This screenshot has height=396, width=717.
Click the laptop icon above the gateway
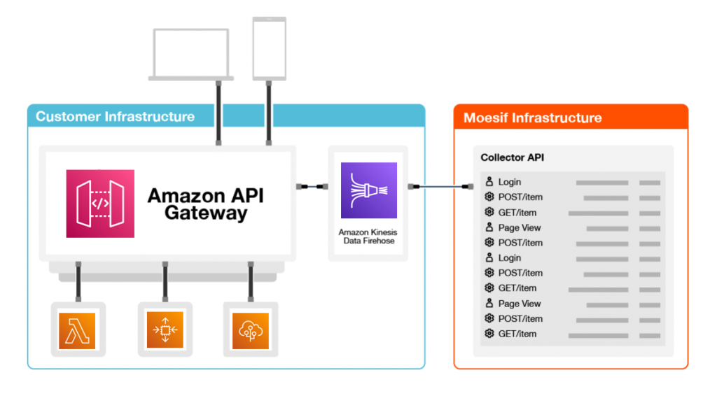pyautogui.click(x=191, y=55)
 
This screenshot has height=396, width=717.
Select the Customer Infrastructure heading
pyautogui.click(x=116, y=116)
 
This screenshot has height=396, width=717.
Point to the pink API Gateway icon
pyautogui.click(x=100, y=204)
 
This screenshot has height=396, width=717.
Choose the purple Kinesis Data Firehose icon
pyautogui.click(x=368, y=190)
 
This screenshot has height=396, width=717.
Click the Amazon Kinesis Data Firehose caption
pyautogui.click(x=368, y=236)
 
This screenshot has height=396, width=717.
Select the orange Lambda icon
pyautogui.click(x=78, y=330)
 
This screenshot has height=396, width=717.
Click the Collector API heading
pyautogui.click(x=512, y=157)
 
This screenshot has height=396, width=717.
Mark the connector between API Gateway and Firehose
pyautogui.click(x=312, y=187)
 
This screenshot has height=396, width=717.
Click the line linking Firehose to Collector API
pyautogui.click(x=440, y=187)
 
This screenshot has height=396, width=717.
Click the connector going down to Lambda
pyautogui.click(x=78, y=283)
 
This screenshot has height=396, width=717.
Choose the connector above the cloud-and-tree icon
pyautogui.click(x=250, y=283)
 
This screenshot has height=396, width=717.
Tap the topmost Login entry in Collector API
pyautogui.click(x=509, y=183)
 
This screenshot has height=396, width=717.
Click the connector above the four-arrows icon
pyautogui.click(x=165, y=283)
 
